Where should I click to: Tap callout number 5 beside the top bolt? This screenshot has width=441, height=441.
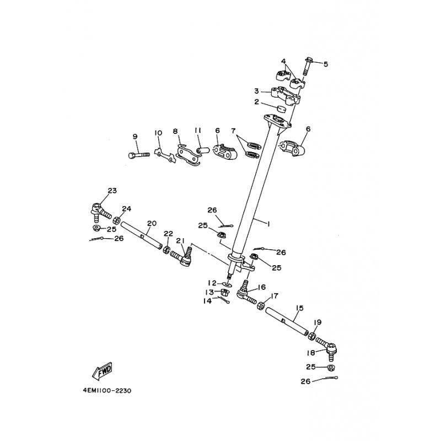[x=325, y=64]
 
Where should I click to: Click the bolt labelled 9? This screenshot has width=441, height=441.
[x=138, y=155]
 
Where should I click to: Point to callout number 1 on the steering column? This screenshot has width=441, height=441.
[x=268, y=224]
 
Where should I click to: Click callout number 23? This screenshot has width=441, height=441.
[x=112, y=191]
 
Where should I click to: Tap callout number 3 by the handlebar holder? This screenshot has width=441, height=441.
[x=256, y=91]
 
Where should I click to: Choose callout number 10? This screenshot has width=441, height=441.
[x=158, y=133]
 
